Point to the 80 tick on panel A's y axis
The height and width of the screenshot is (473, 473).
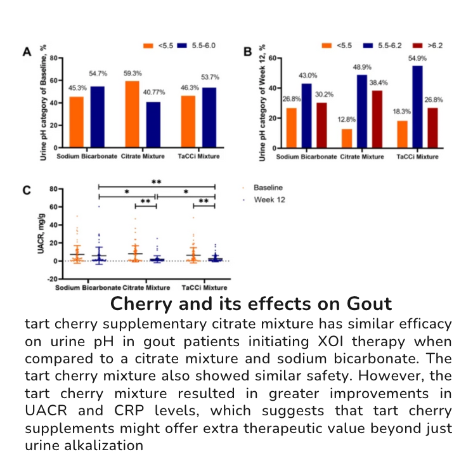pos(54,58)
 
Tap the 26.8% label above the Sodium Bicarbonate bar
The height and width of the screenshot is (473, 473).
pos(291,99)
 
